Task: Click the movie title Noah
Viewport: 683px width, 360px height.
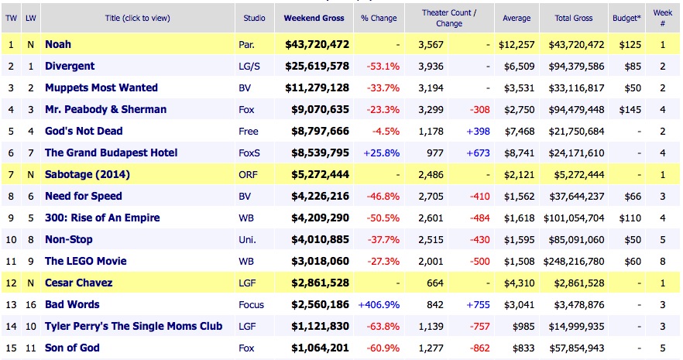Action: click(x=59, y=45)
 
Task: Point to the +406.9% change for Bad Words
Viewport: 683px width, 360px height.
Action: click(x=379, y=304)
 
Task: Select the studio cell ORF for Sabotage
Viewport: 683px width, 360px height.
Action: click(x=249, y=175)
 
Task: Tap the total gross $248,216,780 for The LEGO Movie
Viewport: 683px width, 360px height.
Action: click(x=575, y=261)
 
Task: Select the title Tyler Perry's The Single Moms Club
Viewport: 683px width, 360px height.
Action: click(x=133, y=326)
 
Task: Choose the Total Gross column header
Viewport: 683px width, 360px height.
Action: click(x=574, y=17)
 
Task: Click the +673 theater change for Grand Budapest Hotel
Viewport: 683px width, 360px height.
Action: click(x=478, y=153)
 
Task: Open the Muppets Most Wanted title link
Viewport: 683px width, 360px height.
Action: click(x=101, y=88)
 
